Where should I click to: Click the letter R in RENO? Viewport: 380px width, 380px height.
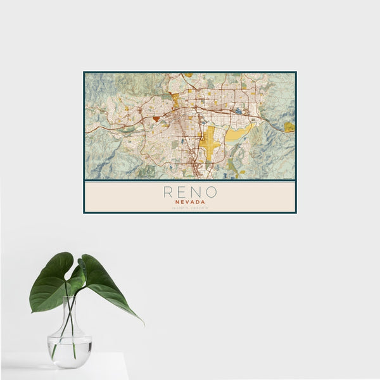(168, 191)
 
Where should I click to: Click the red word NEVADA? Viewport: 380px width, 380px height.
(189, 202)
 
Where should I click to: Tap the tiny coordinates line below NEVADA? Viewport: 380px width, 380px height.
(189, 208)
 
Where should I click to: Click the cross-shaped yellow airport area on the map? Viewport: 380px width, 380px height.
(210, 142)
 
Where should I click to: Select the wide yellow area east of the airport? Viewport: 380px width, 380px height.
(237, 133)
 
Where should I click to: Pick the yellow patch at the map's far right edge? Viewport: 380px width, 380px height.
(289, 127)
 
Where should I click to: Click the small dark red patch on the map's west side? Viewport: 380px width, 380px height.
(156, 118)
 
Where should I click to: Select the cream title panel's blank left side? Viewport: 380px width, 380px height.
(114, 197)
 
